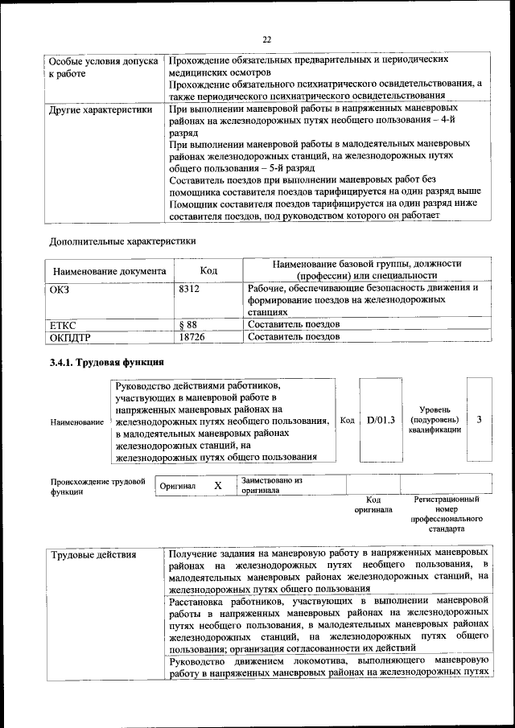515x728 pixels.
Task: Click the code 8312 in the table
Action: click(190, 288)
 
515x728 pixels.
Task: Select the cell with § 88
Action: click(188, 324)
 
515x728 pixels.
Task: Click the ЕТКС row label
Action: click(63, 324)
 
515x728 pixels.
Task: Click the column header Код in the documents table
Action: click(208, 271)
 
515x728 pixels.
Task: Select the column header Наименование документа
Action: click(109, 271)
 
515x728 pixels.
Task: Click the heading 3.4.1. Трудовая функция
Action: click(107, 363)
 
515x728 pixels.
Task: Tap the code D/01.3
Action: click(381, 420)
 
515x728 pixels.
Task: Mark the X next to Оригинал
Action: click(217, 486)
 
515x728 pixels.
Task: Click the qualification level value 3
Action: click(480, 420)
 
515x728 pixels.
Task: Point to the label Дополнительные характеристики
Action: click(122, 240)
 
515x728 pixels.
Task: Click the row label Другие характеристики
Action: click(101, 109)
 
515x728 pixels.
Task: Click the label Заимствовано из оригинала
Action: click(271, 485)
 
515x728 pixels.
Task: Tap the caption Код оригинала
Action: click(373, 504)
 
